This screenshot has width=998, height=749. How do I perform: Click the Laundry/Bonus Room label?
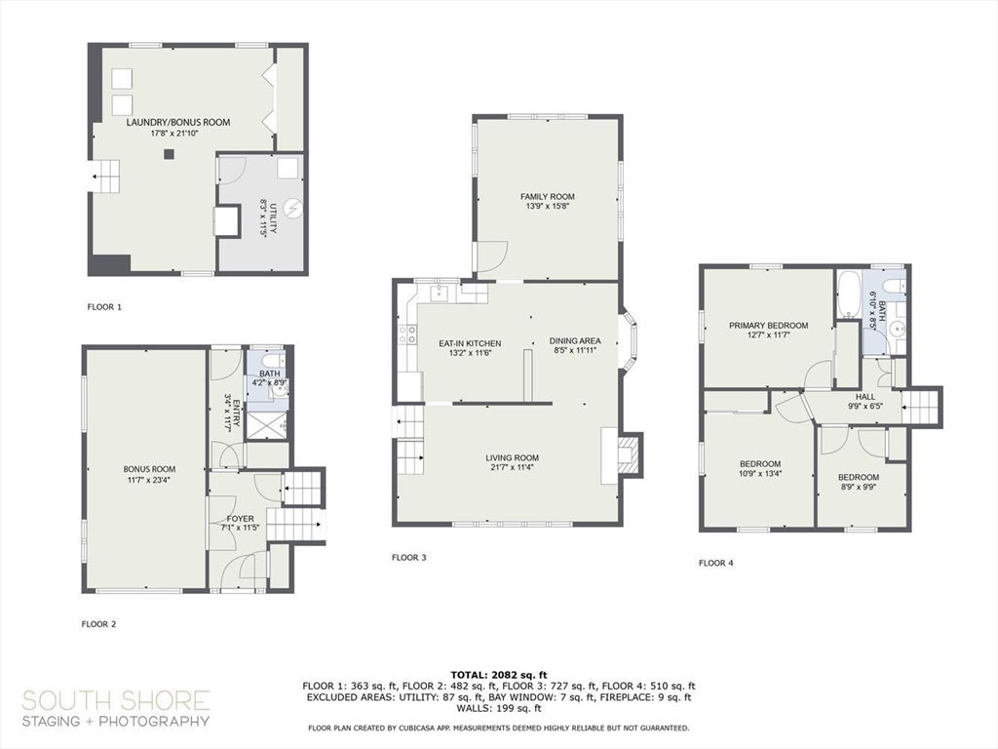[x=178, y=122]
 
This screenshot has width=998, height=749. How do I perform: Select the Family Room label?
[x=548, y=197]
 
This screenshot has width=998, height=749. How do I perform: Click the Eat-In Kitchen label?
[x=470, y=343]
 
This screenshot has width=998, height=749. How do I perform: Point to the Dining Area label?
[x=575, y=340]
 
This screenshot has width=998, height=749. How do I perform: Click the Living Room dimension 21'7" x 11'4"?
[x=513, y=467]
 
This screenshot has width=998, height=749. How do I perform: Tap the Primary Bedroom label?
[x=768, y=326]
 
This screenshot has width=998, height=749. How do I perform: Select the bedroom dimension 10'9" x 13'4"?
[x=760, y=473]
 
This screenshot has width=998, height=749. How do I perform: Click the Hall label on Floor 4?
[x=865, y=397]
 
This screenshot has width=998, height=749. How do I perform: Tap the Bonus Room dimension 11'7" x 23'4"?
[x=149, y=480]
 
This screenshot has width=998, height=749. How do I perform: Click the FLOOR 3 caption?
[x=408, y=558]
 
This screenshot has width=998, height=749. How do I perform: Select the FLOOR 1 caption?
[x=104, y=307]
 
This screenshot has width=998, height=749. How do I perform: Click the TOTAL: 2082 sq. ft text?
[x=499, y=675]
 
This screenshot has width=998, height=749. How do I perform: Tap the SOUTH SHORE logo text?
[x=116, y=701]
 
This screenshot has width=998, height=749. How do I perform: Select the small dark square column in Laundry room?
[x=169, y=153]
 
